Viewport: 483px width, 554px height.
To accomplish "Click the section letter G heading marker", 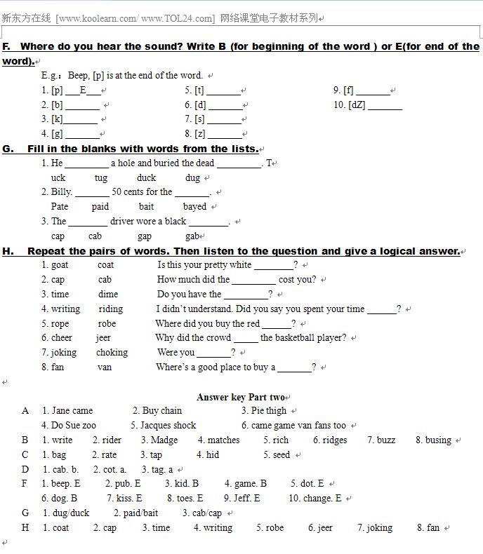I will pos(8,149).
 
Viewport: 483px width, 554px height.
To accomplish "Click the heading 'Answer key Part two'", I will pos(240,397).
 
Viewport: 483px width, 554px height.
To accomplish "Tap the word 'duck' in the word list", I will pos(146,178).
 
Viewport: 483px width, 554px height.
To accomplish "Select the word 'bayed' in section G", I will pos(194,207).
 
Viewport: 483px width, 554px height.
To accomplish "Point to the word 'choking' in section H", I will pos(112,353).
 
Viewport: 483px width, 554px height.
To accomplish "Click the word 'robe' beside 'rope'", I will pos(107,323).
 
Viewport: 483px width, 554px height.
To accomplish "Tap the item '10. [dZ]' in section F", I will pos(349,105).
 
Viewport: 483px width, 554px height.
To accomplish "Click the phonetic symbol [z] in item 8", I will pos(199,134).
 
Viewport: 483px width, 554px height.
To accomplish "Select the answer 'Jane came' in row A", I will pos(72,411).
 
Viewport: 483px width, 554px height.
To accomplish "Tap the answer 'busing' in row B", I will pos(438,440).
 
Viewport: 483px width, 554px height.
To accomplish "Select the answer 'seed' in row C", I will pos(281,455).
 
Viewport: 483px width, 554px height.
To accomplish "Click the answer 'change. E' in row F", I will pos(320,499).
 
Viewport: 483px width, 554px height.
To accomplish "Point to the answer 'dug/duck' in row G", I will pos(70,513).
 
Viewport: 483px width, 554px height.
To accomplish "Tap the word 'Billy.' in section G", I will pos(61,192).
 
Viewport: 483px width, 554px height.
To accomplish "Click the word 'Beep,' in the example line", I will pos(79,76).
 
